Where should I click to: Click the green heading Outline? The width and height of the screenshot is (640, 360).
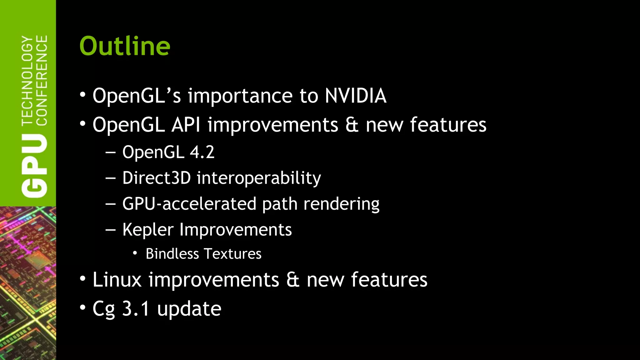point(125,46)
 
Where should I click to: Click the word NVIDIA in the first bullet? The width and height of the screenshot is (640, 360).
point(355,96)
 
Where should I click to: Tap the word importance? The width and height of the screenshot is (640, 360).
point(240,96)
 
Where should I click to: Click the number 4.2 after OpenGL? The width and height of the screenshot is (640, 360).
point(202,152)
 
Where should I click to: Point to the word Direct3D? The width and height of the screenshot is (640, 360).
point(156,178)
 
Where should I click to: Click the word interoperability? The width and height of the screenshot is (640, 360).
point(258,178)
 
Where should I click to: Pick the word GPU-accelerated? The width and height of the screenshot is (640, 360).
point(189,204)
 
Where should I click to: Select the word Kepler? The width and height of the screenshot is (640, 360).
point(147,230)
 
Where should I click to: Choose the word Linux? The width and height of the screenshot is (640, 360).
point(117,280)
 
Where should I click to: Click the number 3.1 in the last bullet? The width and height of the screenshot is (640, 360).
point(136,309)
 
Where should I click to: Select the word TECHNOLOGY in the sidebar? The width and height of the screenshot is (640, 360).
point(27,81)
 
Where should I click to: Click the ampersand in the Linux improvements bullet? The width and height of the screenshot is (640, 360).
point(293,280)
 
